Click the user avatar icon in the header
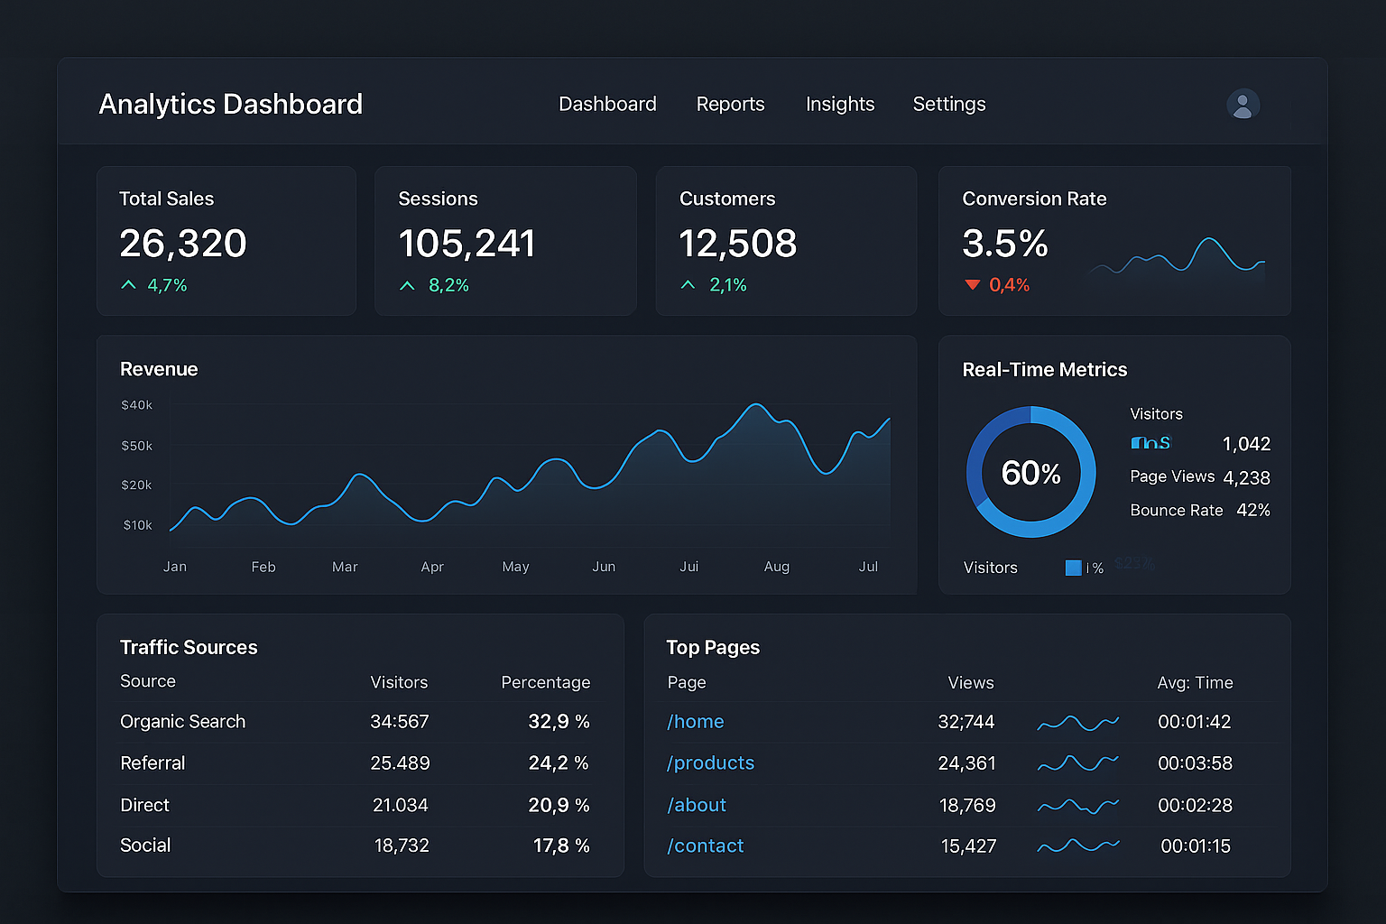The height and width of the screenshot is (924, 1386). [1243, 105]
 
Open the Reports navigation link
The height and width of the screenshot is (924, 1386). [730, 105]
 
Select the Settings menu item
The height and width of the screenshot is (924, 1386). [948, 105]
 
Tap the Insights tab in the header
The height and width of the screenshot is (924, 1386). [839, 105]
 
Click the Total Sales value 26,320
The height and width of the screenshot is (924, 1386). [183, 244]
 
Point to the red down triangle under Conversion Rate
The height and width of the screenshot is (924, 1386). [972, 285]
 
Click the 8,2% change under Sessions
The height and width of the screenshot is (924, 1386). [448, 285]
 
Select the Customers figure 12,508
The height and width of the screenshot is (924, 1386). [737, 244]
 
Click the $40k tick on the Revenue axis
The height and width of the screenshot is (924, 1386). [137, 405]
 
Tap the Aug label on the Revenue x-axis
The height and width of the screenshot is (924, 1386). [776, 567]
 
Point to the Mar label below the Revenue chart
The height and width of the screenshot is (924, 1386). [345, 567]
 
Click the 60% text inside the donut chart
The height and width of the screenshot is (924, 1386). [1030, 473]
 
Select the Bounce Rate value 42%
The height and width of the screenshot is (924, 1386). [1252, 510]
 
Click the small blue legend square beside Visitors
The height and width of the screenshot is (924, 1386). [1073, 568]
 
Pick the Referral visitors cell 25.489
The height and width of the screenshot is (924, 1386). [400, 763]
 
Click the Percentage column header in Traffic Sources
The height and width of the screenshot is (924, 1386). [545, 682]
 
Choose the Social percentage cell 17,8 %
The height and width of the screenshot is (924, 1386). [560, 845]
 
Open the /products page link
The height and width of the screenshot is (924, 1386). [710, 763]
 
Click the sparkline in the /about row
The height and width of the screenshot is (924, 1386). [1077, 805]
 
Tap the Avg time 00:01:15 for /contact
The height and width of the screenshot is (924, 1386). [1195, 846]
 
